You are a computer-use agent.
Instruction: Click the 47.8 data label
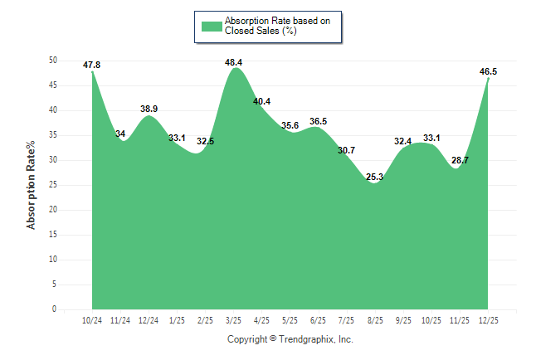tap(92, 65)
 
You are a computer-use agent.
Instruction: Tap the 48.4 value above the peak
tap(233, 62)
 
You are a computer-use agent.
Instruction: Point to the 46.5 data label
tap(489, 72)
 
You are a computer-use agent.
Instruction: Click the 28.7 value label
tap(458, 159)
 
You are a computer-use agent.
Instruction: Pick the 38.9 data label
tap(149, 109)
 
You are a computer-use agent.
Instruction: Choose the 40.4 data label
tap(261, 102)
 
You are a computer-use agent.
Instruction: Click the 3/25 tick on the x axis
tap(233, 319)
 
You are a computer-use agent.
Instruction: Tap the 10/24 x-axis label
tap(92, 319)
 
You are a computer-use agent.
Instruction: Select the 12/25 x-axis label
tap(488, 319)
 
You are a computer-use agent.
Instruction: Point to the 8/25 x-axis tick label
tap(375, 319)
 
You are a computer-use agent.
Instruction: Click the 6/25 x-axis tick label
tap(319, 319)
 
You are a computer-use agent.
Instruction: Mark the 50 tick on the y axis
tap(52, 61)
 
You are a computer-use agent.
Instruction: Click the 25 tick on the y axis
tap(52, 185)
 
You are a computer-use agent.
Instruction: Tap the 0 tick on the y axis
tap(55, 309)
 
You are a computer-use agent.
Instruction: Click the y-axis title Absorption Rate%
tap(32, 185)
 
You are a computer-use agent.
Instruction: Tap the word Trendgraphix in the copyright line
tap(306, 339)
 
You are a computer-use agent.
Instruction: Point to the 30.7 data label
tap(347, 150)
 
